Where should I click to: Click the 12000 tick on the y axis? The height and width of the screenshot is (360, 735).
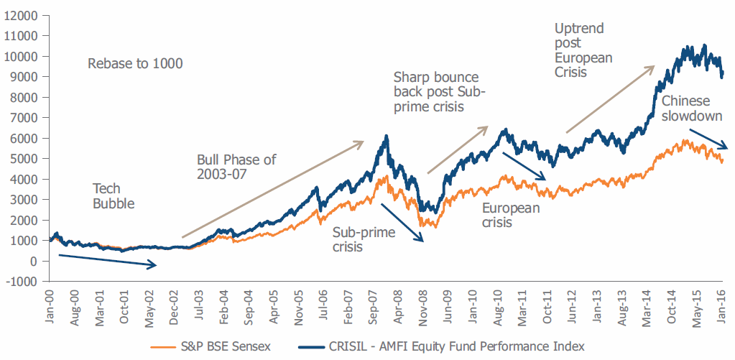pyautogui.click(x=23, y=15)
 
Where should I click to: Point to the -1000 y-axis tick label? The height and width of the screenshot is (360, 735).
pyautogui.click(x=23, y=282)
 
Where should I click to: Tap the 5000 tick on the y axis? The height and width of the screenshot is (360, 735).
pyautogui.click(x=25, y=159)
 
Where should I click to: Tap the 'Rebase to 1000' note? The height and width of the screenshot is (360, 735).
pyautogui.click(x=135, y=64)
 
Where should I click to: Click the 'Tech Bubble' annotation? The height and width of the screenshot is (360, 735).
pyautogui.click(x=114, y=195)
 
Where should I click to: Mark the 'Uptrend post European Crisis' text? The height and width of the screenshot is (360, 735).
pyautogui.click(x=583, y=50)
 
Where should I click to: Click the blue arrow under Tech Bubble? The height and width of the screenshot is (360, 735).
pyautogui.click(x=108, y=260)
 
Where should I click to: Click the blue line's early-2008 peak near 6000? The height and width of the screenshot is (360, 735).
pyautogui.click(x=387, y=137)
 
